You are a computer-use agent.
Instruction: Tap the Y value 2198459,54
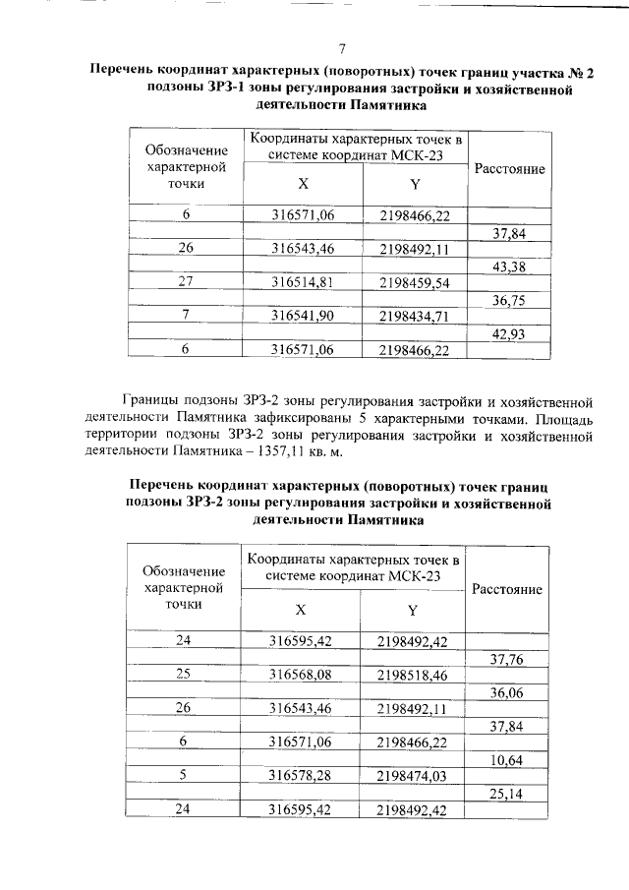[x=414, y=283]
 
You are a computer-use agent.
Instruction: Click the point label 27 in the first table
[x=185, y=282]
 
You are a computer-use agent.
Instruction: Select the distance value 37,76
[x=506, y=658]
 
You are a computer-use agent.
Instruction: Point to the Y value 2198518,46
[x=413, y=675]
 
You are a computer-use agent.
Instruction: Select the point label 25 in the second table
[x=183, y=675]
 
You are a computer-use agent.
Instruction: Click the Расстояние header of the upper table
[x=509, y=169]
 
